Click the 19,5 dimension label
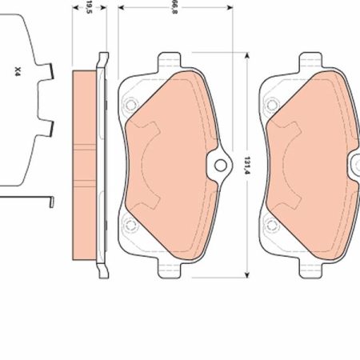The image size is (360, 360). [x=90, y=7]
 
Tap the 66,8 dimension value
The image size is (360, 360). [x=175, y=7]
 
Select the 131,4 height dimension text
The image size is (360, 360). [x=248, y=166]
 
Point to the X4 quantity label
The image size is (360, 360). [x=18, y=72]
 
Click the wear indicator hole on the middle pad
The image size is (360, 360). [x=221, y=166]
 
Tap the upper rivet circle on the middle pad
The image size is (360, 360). [x=130, y=105]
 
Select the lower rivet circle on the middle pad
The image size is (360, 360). [x=130, y=225]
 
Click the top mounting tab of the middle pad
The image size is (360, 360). [x=170, y=61]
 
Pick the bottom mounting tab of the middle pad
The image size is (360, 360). [x=170, y=269]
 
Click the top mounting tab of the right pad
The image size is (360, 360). [x=310, y=61]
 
